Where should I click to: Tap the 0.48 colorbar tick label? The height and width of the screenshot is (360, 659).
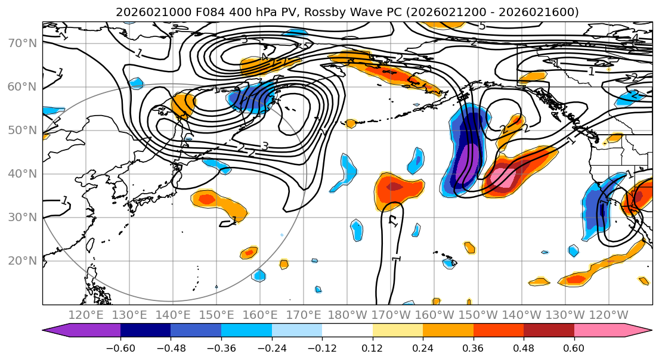pos(524,347)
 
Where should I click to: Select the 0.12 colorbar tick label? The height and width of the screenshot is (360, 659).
pos(372,347)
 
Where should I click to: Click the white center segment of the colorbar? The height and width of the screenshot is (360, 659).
pos(347,331)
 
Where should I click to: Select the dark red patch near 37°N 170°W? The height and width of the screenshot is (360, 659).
pos(395,187)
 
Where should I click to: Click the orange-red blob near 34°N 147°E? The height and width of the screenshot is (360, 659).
pos(206,198)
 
